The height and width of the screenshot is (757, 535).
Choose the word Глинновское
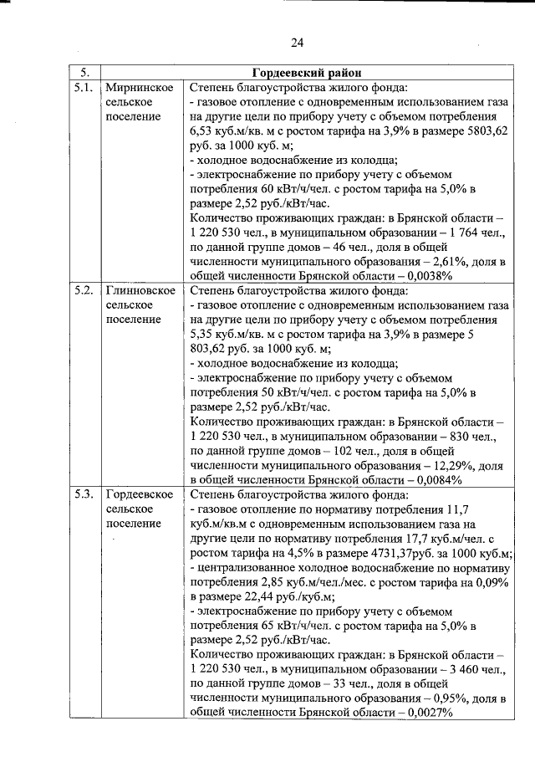point(140,290)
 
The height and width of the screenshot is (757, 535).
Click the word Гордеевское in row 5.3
point(140,494)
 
